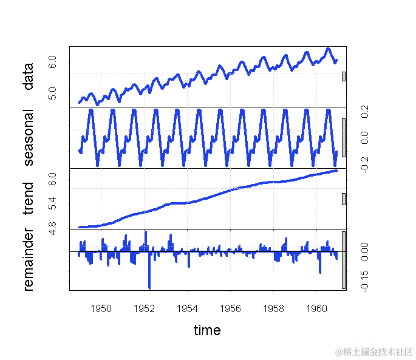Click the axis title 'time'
pos(207,330)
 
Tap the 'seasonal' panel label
pos(28,138)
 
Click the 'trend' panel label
pos(28,199)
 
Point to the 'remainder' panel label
pos(28,260)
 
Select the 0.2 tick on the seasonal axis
pos(364,112)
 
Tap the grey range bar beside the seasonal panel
pos(344,138)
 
